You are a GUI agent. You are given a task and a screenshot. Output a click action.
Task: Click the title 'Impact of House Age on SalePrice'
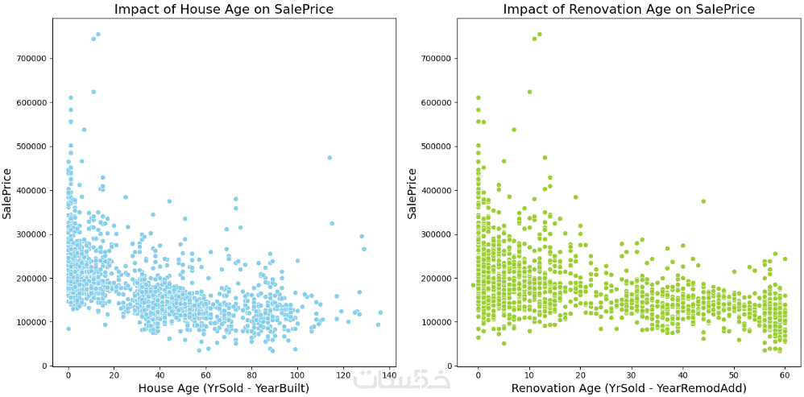[x=223, y=10]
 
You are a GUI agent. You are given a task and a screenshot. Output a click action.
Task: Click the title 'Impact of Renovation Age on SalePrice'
[x=628, y=10]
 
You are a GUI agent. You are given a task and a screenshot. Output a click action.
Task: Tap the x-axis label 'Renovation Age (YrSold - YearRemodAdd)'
[x=629, y=388]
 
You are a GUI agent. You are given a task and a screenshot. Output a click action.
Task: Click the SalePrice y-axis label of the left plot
[x=7, y=193]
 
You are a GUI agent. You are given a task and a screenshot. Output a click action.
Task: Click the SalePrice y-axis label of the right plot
[x=412, y=193]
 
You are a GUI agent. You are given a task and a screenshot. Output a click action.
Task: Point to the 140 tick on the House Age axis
[x=389, y=375]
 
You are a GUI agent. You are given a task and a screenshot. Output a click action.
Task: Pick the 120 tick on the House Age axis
[x=343, y=375]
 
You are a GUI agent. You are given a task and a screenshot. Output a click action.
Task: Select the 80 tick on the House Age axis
[x=251, y=375]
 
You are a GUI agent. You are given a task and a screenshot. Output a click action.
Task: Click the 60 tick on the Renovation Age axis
[x=785, y=375]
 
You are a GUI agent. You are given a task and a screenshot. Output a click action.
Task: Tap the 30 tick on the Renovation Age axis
[x=632, y=375]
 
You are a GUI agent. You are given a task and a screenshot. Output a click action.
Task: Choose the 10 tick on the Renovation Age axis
[x=529, y=375]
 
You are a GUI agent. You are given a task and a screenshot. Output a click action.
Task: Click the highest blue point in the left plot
[x=98, y=35]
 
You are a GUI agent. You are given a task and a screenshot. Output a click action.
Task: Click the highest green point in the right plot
[x=539, y=35]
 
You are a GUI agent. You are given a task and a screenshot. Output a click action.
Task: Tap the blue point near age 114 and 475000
[x=329, y=158]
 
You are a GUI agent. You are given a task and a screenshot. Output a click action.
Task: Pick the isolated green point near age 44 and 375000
[x=703, y=201]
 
